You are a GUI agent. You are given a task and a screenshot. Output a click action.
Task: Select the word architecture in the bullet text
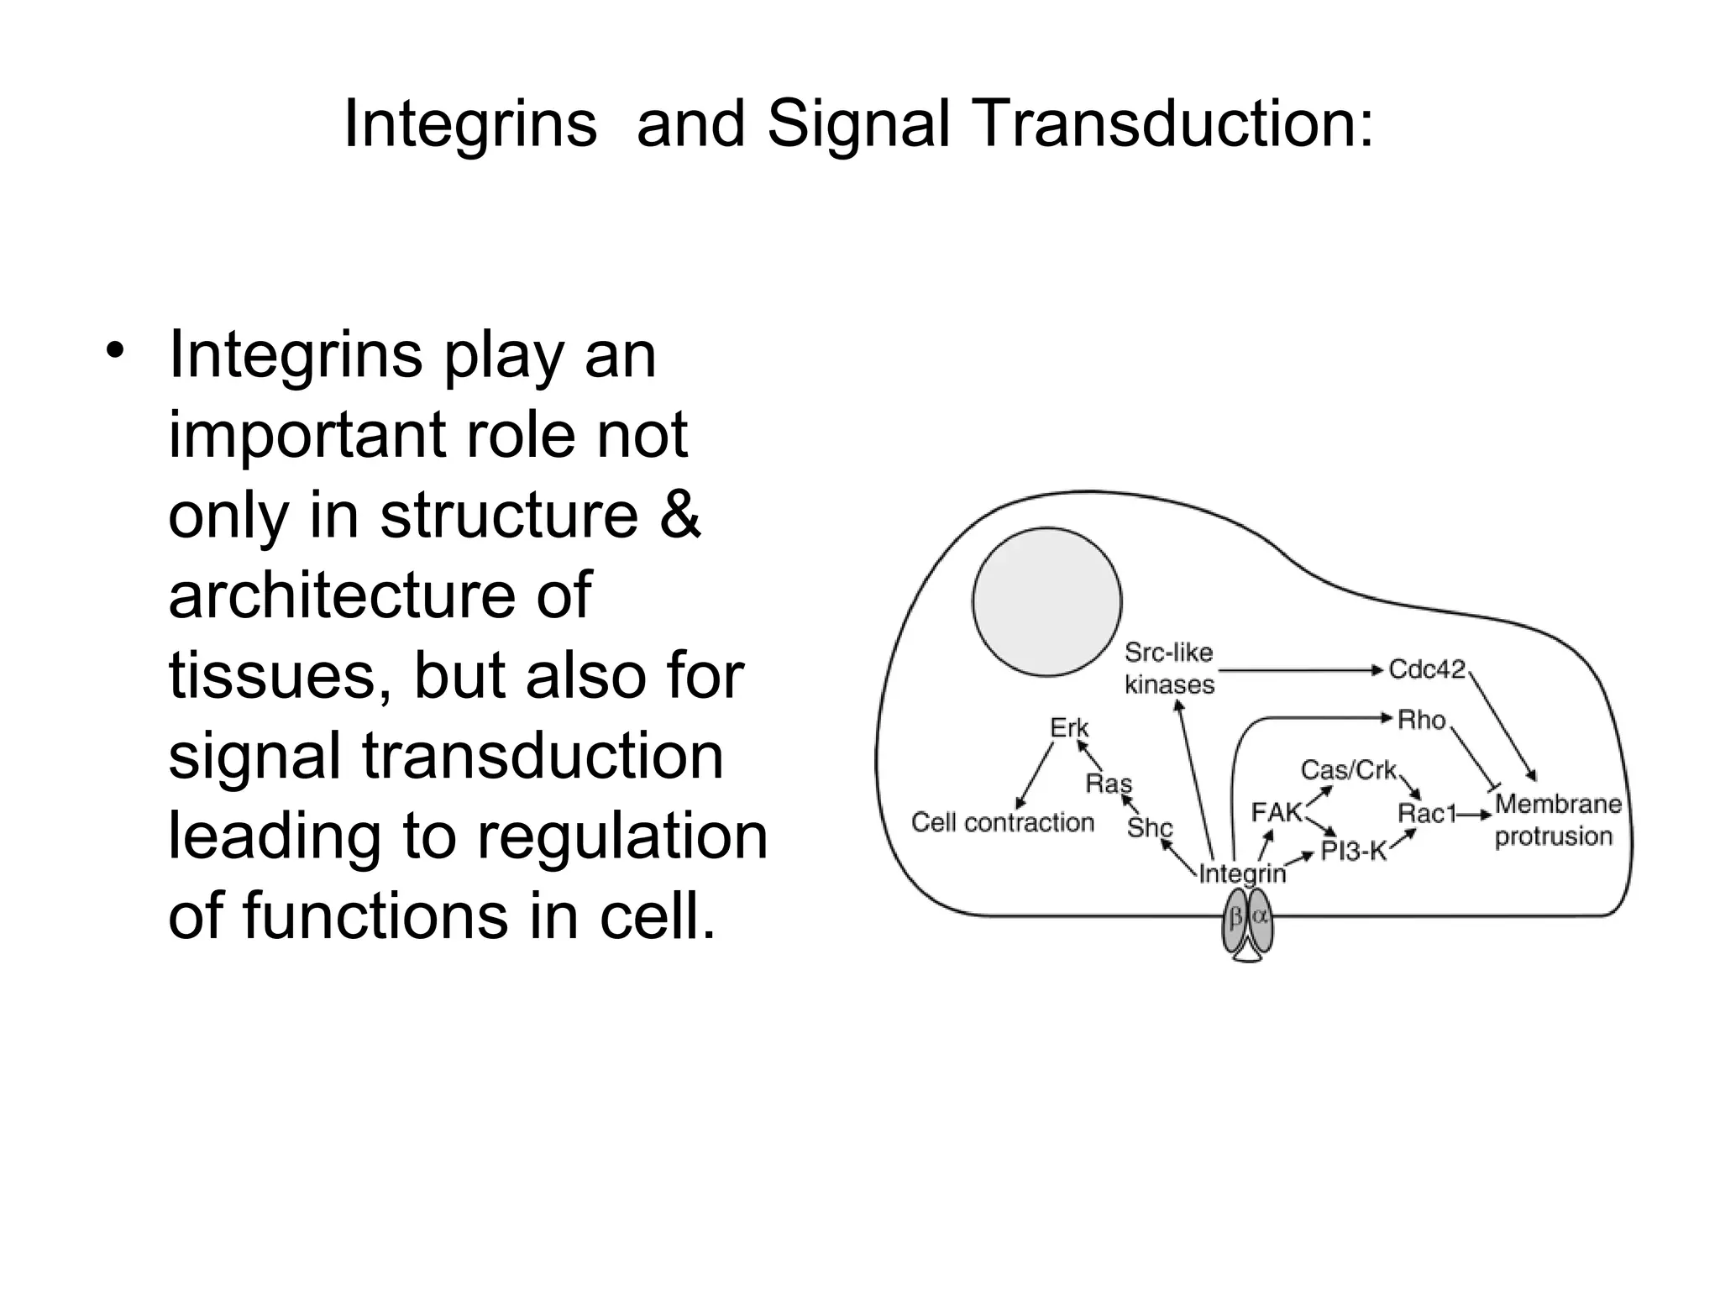coord(380,595)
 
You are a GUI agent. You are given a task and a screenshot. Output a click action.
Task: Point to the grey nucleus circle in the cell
coord(1046,601)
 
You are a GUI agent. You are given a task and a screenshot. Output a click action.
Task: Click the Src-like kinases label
coord(1169,669)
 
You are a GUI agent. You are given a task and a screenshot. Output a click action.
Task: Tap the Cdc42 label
coord(1426,669)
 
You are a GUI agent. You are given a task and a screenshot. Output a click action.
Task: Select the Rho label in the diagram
coord(1421,720)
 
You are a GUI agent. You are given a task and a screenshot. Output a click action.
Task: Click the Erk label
coord(1069,727)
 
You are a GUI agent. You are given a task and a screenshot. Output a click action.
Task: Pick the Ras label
coord(1109,784)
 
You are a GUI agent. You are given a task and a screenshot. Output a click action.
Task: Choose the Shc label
coord(1149,827)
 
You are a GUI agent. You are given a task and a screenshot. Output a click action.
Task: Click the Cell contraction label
coord(1003,822)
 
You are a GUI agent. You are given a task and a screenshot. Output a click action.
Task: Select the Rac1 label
coord(1426,813)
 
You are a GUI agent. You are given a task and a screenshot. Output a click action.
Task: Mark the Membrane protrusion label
coord(1556,820)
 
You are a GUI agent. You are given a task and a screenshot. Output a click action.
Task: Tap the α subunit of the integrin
coord(1260,919)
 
